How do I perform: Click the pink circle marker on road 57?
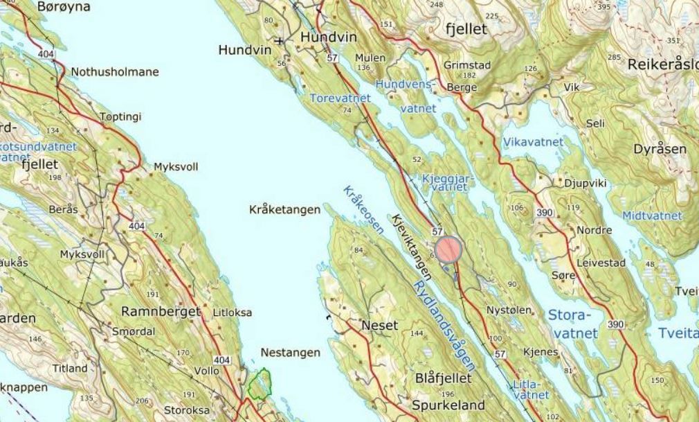449,249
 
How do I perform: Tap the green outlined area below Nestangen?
260,385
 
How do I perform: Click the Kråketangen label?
285,209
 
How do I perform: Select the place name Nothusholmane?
115,72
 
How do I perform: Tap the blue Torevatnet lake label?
340,98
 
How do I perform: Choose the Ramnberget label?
161,310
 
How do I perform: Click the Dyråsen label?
660,149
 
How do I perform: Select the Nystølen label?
509,310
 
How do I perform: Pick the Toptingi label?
120,117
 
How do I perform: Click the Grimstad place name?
467,66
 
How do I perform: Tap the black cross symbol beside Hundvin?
279,41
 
